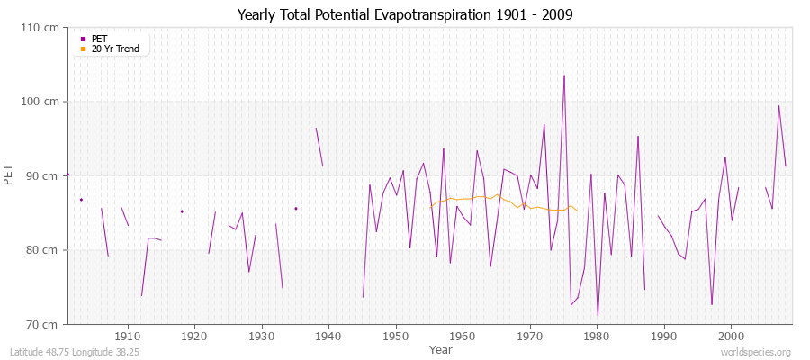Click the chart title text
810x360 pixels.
click(x=405, y=15)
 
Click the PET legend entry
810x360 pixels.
click(x=99, y=39)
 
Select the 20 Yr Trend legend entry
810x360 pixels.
click(x=115, y=49)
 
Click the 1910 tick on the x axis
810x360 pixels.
click(x=128, y=336)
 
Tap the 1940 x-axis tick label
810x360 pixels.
click(x=328, y=336)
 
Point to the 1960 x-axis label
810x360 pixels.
click(x=463, y=336)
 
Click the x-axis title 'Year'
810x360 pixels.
click(x=441, y=348)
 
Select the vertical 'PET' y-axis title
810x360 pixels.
click(x=9, y=175)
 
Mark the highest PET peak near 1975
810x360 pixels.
click(x=564, y=76)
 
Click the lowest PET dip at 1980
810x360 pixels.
click(x=598, y=315)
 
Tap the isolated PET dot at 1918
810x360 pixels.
click(x=182, y=211)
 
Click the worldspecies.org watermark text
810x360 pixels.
click(x=757, y=353)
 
